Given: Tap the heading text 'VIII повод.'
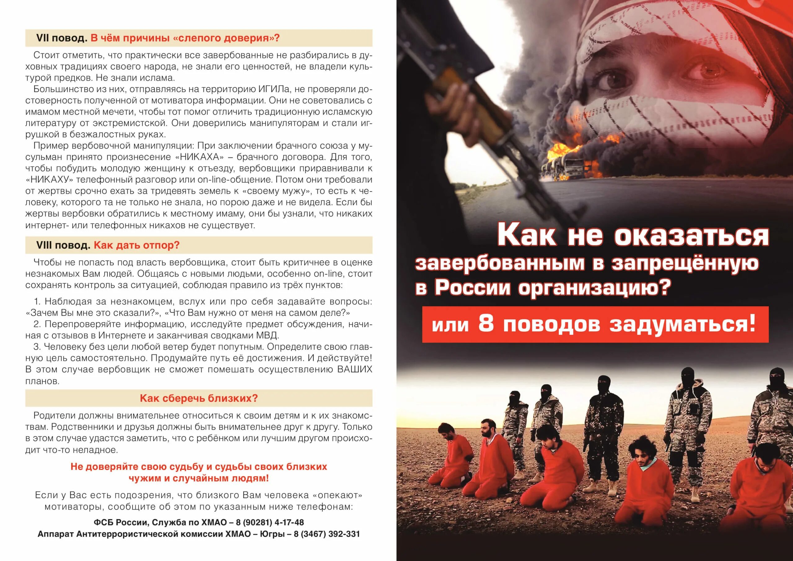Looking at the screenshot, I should click(63, 245).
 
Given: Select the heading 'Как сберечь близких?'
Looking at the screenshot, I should click(199, 398).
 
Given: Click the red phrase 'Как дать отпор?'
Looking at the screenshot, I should click(137, 245).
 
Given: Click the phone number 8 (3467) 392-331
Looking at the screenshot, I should click(327, 534).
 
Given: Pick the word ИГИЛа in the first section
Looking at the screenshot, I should click(275, 89).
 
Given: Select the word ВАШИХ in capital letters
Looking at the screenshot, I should click(355, 369).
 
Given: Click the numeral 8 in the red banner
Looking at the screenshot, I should click(486, 325).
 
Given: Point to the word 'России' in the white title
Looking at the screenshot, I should click(472, 288).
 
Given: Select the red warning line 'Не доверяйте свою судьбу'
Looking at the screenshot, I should click(199, 467).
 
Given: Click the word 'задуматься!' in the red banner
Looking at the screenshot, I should click(682, 325).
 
